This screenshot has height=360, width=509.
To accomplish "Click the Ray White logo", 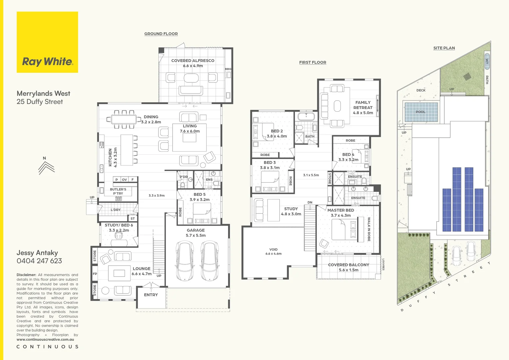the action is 47,42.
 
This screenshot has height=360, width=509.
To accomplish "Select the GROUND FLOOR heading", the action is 161,34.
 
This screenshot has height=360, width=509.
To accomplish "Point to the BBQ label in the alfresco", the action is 228,69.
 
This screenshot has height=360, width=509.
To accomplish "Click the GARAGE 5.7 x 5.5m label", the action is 196,233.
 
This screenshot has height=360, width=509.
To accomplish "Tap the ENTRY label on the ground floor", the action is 151,295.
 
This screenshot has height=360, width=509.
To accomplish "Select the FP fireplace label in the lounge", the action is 95,274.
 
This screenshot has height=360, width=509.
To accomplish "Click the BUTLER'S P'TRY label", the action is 118,191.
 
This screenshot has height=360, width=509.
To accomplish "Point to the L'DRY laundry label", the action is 116,210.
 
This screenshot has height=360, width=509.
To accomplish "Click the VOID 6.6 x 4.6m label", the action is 273,251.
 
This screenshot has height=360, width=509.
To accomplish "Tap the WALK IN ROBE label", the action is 369,229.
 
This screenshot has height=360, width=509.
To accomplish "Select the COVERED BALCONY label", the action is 348,267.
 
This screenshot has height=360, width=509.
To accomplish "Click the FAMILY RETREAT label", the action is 363,108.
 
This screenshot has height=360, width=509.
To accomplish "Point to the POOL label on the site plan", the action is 421,112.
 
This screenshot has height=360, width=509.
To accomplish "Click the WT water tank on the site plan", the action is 487,61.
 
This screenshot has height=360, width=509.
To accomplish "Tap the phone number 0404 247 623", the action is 39,261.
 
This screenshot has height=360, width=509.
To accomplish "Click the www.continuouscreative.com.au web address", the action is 45,340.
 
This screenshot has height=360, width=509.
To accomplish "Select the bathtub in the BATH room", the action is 306,116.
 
